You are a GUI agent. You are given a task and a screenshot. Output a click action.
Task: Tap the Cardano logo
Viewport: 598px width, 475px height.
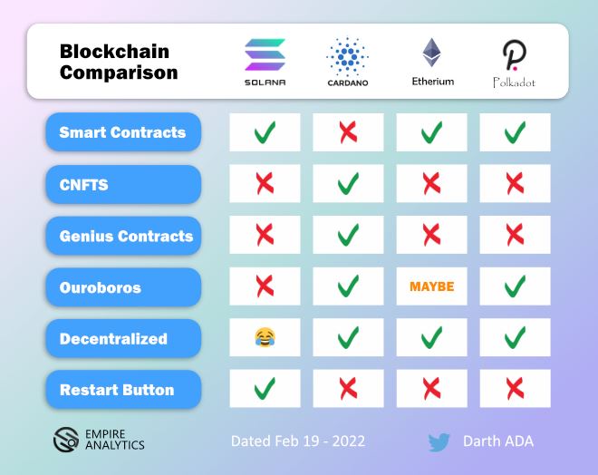click(347, 56)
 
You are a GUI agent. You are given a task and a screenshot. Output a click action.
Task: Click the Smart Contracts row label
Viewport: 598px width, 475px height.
click(122, 132)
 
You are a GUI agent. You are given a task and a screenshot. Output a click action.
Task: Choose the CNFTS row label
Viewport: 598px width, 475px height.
click(122, 184)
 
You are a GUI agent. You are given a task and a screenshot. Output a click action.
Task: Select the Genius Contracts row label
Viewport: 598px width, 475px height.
click(122, 236)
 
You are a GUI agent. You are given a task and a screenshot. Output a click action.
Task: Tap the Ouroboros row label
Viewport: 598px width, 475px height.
click(122, 287)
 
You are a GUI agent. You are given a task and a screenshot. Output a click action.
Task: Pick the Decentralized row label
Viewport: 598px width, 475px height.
click(122, 339)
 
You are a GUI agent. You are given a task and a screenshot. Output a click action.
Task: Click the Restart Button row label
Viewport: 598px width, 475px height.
click(122, 390)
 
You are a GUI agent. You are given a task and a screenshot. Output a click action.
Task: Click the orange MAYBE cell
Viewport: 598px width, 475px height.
click(431, 287)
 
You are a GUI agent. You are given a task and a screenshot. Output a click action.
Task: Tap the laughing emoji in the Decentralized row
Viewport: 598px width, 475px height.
click(265, 339)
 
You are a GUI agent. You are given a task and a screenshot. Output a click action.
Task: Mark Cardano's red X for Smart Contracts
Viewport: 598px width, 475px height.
click(348, 132)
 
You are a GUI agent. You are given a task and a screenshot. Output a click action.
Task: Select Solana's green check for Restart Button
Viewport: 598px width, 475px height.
click(265, 390)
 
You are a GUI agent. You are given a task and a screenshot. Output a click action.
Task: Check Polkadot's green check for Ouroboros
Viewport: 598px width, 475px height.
click(515, 287)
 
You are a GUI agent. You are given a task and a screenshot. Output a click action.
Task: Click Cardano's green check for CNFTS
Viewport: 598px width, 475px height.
click(348, 184)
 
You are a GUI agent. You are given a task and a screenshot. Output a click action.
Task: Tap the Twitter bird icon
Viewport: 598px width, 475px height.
click(439, 442)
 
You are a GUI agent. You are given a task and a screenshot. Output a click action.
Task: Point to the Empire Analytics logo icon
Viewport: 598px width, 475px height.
click(64, 440)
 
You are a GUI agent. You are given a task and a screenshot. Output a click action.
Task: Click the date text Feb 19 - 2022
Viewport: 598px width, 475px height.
click(298, 441)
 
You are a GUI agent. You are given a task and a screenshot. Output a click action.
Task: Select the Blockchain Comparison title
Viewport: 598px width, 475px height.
click(119, 62)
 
